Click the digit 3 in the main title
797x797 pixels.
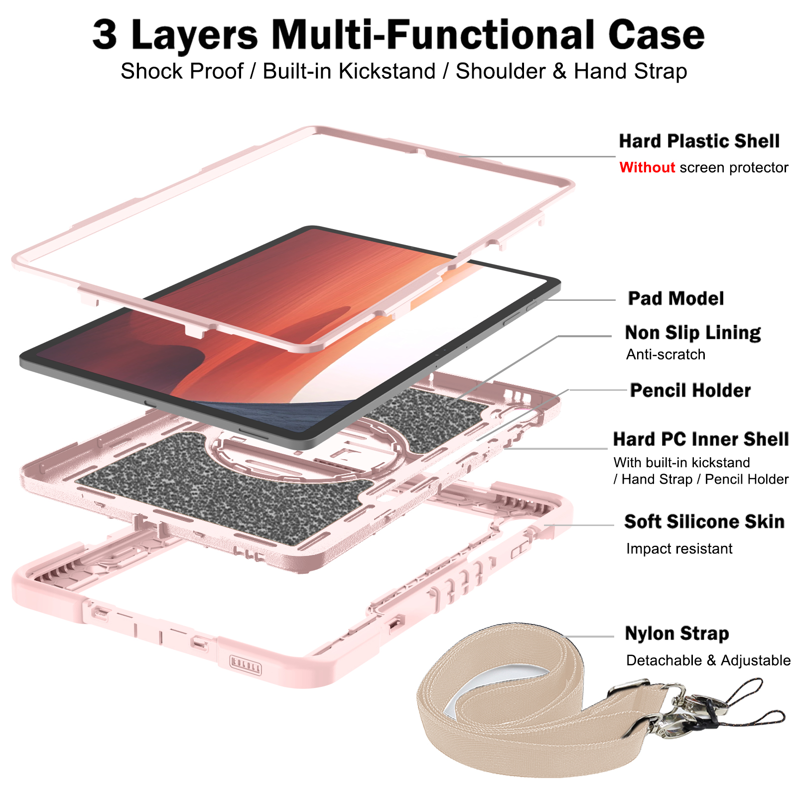pyautogui.click(x=105, y=35)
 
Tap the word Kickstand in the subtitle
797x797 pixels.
pyautogui.click(x=387, y=71)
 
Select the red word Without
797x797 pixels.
pyautogui.click(x=647, y=167)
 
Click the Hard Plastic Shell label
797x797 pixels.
pyautogui.click(x=699, y=141)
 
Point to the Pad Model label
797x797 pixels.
pyautogui.click(x=675, y=298)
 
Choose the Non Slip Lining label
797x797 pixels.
pyautogui.click(x=692, y=332)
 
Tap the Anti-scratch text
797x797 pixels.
pyautogui.click(x=665, y=354)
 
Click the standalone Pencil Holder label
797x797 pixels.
pyautogui.click(x=690, y=391)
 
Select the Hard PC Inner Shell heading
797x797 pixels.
pyautogui.click(x=701, y=439)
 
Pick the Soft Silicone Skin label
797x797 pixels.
pyautogui.click(x=704, y=522)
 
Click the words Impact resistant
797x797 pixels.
pyautogui.click(x=679, y=548)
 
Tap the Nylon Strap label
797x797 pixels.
pyautogui.click(x=676, y=634)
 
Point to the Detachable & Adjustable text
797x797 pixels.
pyautogui.click(x=708, y=660)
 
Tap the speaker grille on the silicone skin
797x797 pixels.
pyautogui.click(x=245, y=665)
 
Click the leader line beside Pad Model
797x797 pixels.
pyautogui.click(x=580, y=300)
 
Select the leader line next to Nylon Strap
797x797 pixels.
pyautogui.click(x=590, y=637)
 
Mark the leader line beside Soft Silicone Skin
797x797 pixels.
pyautogui.click(x=580, y=525)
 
